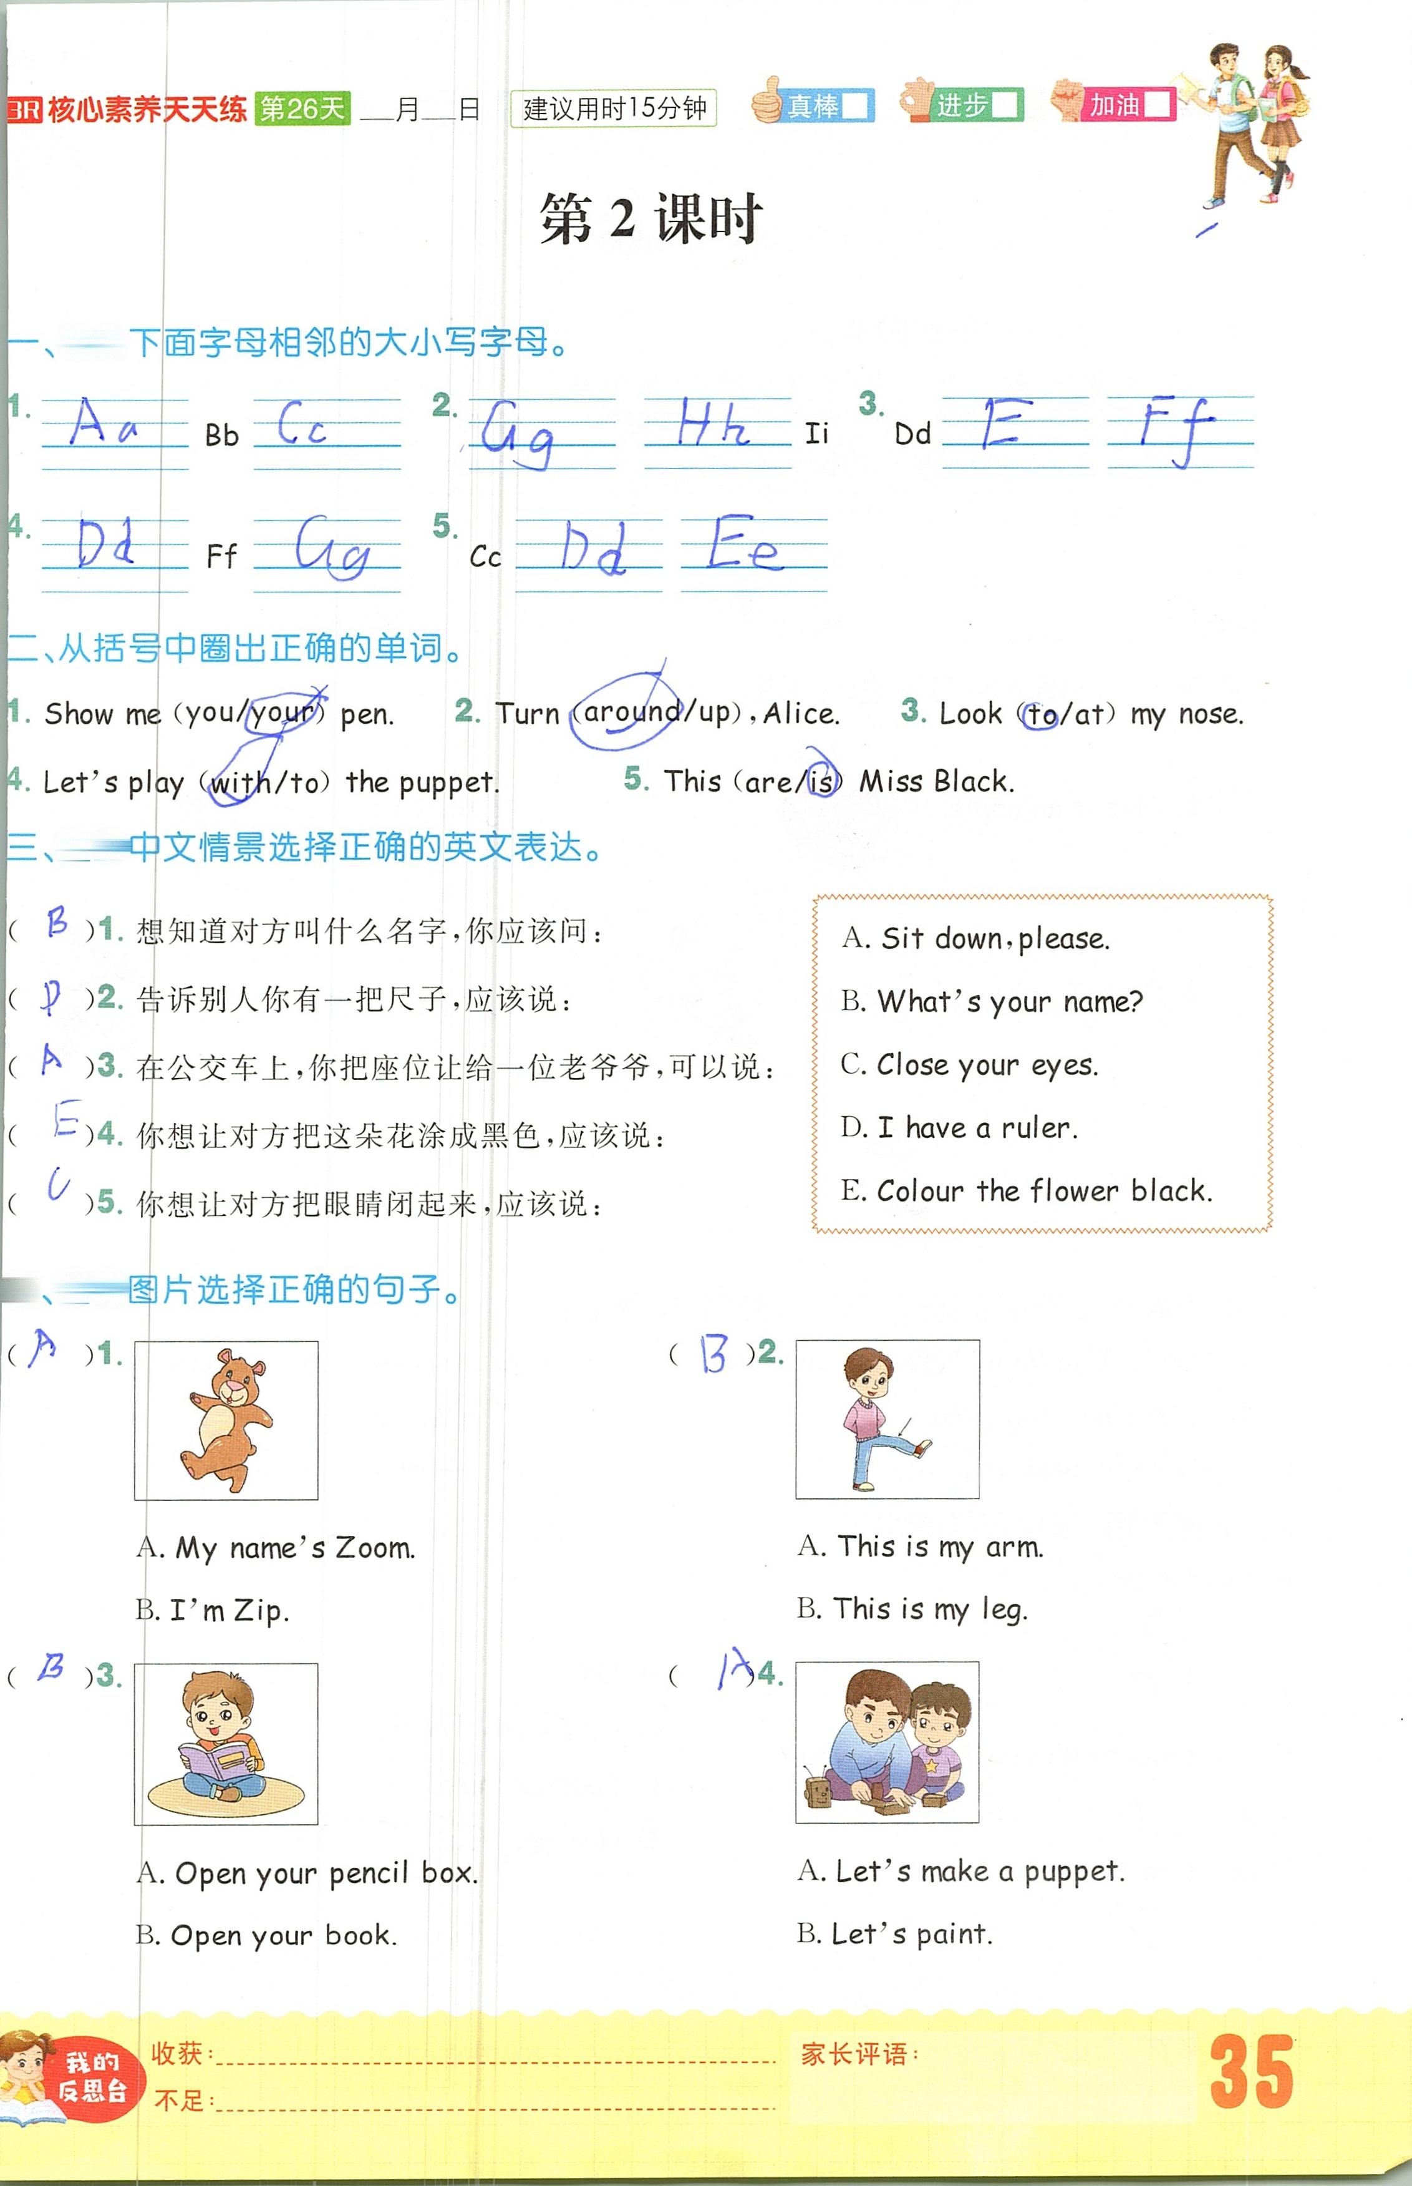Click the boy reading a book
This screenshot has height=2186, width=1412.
(x=226, y=1742)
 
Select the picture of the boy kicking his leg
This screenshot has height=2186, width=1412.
(x=887, y=1419)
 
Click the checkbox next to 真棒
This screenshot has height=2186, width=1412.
(x=854, y=106)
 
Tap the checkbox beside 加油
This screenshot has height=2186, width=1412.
(x=1157, y=105)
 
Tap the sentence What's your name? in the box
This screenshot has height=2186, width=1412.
(x=1008, y=1001)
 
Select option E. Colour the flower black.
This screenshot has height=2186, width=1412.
(x=1027, y=1191)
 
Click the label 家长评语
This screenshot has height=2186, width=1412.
(x=858, y=2054)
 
